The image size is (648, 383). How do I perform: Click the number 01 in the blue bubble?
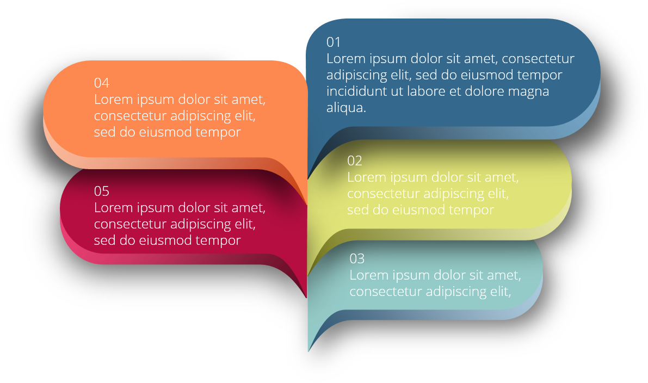click(x=334, y=42)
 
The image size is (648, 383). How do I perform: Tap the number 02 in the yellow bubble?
click(x=355, y=160)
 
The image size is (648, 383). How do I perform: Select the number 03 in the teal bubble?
click(x=357, y=258)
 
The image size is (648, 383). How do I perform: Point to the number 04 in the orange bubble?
click(x=102, y=83)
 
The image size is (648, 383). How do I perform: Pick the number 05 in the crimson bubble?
click(x=102, y=191)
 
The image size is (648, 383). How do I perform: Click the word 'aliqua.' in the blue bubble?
click(x=347, y=107)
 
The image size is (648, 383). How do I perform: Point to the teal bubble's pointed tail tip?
click(x=308, y=351)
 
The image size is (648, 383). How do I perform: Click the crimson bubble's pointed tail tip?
click(x=306, y=297)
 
